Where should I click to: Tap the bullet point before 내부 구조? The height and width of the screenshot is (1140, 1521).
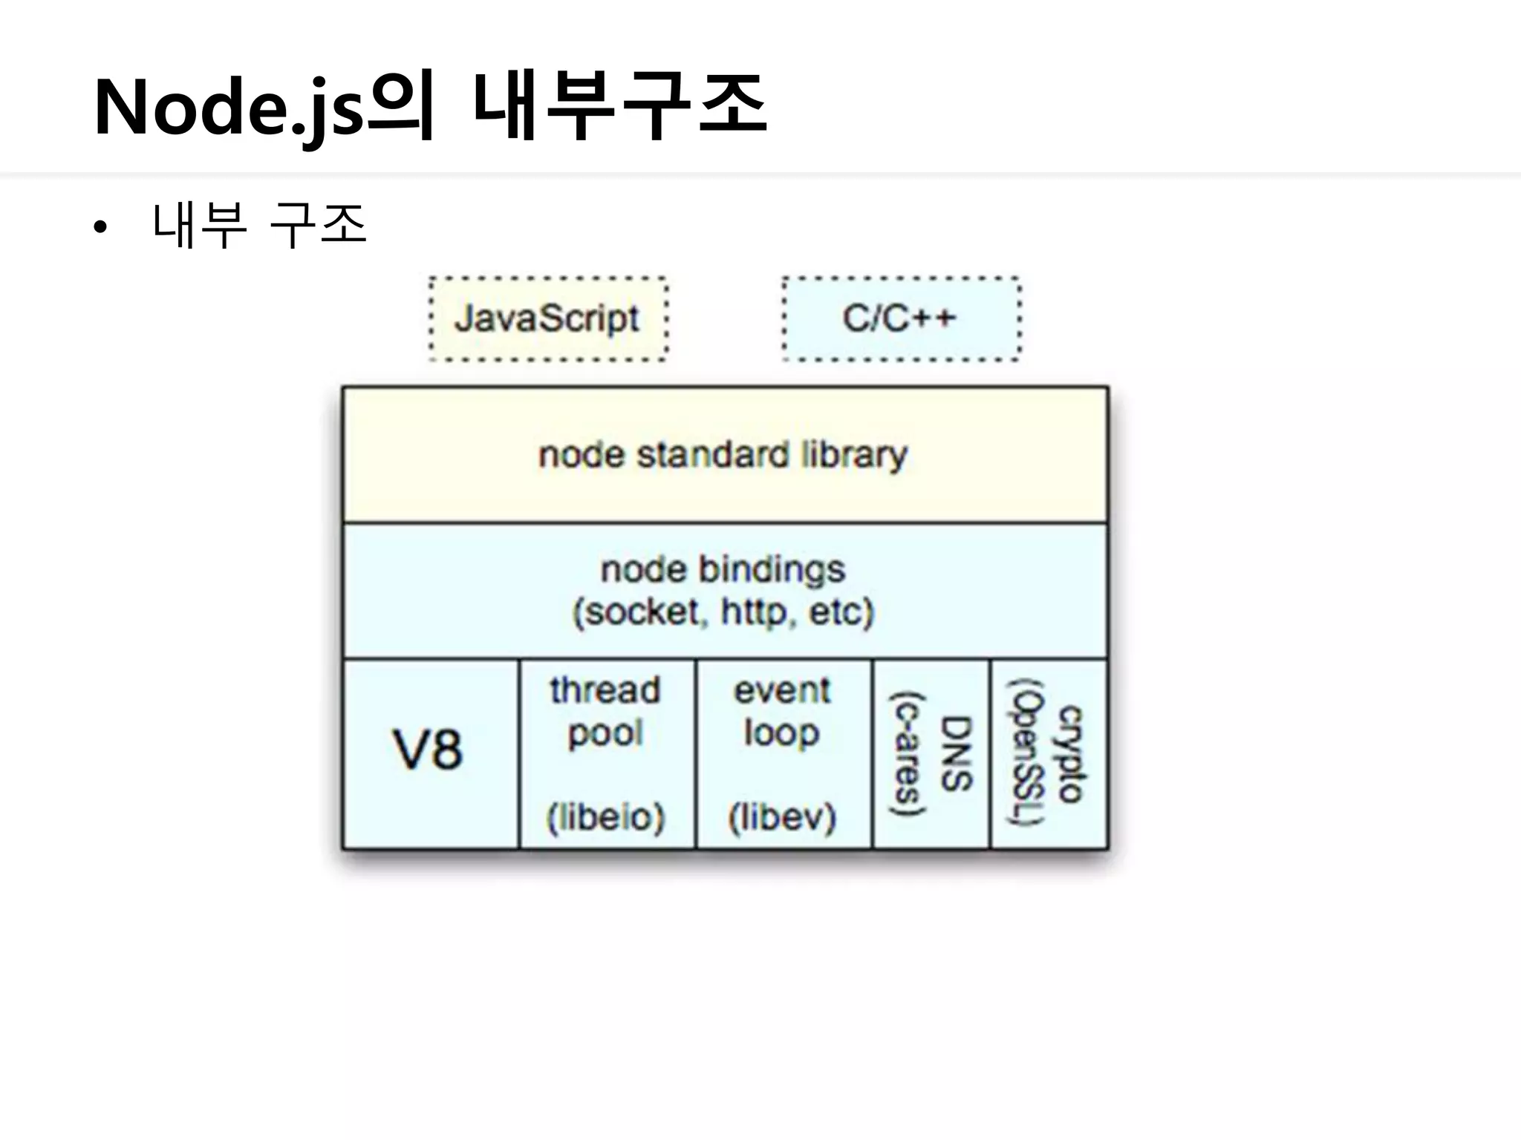pyautogui.click(x=101, y=227)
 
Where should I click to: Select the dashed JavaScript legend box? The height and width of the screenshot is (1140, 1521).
pyautogui.click(x=547, y=319)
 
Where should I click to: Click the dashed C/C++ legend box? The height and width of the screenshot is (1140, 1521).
pyautogui.click(x=900, y=319)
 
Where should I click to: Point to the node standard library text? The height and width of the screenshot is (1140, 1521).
pyautogui.click(x=723, y=455)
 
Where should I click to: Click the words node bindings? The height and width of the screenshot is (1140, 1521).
pyautogui.click(x=723, y=570)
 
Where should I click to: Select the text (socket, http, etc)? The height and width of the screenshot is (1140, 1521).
pyautogui.click(x=723, y=612)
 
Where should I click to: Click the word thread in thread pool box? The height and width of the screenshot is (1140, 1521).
pyautogui.click(x=605, y=690)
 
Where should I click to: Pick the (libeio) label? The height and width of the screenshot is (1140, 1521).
pyautogui.click(x=605, y=817)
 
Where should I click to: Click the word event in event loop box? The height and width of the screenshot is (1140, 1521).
pyautogui.click(x=782, y=691)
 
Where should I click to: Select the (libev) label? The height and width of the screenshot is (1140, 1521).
pyautogui.click(x=782, y=817)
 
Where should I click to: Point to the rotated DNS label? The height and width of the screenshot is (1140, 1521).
pyautogui.click(x=957, y=753)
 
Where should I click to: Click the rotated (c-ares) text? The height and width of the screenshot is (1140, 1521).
pyautogui.click(x=908, y=753)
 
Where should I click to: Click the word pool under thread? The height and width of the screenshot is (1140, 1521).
pyautogui.click(x=605, y=734)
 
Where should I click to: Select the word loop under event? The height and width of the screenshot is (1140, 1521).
pyautogui.click(x=782, y=733)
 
